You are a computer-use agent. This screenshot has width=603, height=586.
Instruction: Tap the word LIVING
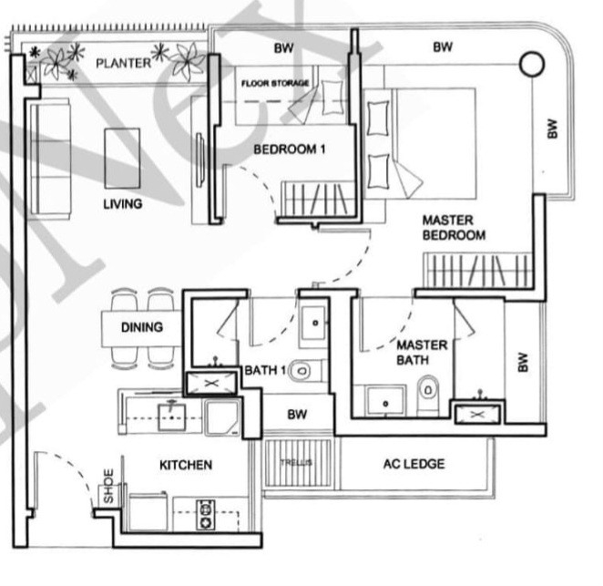point(122,204)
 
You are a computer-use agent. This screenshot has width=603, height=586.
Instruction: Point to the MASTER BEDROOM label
point(453,228)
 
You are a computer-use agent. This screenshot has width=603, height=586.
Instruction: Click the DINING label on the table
point(141,327)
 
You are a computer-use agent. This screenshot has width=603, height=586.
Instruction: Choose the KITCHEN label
point(186,465)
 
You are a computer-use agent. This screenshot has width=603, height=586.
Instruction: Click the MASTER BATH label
point(422,353)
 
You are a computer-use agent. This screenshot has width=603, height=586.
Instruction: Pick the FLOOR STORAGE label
point(275,83)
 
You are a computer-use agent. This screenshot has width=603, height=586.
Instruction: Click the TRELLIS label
point(296,463)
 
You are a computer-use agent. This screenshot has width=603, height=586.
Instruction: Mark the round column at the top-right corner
point(531,64)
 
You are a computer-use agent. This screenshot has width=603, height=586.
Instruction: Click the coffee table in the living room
point(122,158)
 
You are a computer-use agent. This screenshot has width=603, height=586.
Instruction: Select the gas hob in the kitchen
point(205,515)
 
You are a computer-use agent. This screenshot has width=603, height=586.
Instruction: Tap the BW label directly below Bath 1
point(297,415)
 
